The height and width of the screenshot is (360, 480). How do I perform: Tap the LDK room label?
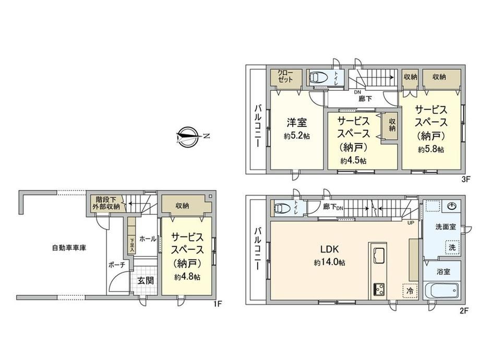[329, 249]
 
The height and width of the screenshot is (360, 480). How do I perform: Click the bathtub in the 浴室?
[441, 290]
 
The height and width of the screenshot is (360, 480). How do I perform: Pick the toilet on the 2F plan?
[282, 208]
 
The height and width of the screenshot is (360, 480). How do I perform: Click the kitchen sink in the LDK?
[378, 255]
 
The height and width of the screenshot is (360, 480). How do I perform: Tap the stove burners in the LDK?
[379, 289]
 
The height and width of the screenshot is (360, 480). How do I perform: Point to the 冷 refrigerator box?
[410, 291]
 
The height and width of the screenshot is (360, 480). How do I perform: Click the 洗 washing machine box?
[452, 247]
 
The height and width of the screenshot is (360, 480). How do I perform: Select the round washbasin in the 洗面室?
[452, 206]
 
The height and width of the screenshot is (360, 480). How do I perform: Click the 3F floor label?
[465, 179]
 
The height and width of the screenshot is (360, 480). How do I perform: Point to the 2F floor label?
[464, 311]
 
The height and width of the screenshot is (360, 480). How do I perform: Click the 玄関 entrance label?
[146, 280]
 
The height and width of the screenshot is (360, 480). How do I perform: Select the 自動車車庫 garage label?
[69, 248]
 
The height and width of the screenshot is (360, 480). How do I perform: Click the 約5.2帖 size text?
[297, 136]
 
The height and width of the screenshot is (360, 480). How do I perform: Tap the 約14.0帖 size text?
[329, 262]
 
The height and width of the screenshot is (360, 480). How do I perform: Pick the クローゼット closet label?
[285, 76]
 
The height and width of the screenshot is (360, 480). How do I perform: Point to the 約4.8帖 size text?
[187, 277]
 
